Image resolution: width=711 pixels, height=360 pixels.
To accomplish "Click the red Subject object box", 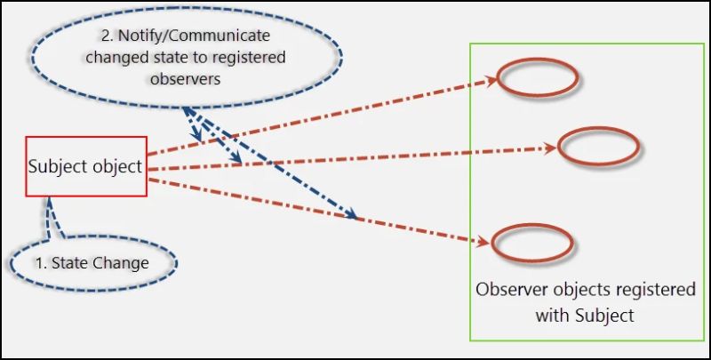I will (x=86, y=166).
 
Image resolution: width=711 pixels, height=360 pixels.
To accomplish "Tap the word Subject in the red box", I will (x=58, y=166).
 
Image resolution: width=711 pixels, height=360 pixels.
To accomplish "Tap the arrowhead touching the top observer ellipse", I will (x=490, y=81).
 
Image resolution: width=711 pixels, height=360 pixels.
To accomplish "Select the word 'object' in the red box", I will (x=117, y=166).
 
